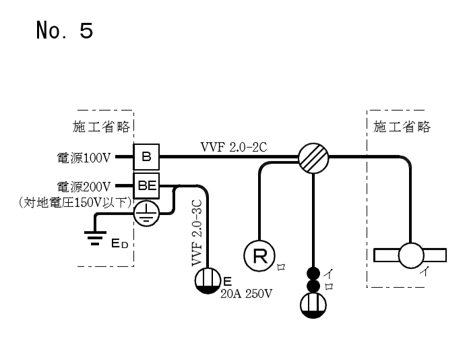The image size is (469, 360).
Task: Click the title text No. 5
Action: click(64, 31)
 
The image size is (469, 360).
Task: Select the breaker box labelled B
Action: click(146, 158)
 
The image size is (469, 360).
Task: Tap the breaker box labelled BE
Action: click(146, 186)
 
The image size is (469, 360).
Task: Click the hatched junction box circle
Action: click(313, 158)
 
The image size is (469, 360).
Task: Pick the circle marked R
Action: click(258, 255)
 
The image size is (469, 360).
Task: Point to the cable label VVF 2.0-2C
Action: click(234, 146)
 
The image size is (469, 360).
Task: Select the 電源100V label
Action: click(84, 158)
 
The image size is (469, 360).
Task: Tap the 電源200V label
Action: click(84, 186)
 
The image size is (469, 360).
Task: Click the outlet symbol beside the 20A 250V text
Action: click(208, 280)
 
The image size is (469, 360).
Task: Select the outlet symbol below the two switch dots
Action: click(313, 305)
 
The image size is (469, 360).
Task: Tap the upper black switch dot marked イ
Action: click(313, 274)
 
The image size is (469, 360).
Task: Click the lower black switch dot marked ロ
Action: click(313, 287)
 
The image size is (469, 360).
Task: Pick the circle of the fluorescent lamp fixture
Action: click(411, 256)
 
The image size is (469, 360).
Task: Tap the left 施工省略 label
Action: click(101, 127)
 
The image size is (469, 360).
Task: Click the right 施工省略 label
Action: click(402, 127)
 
